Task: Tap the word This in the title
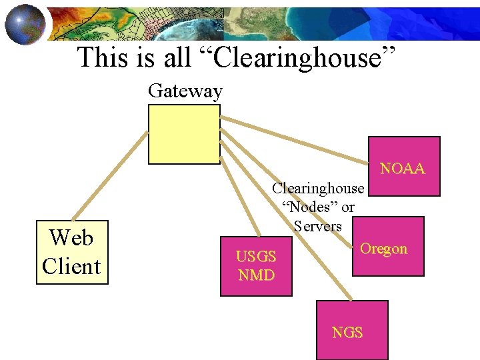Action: (x=104, y=58)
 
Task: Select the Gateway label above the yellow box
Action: (x=185, y=91)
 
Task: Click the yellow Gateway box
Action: (x=184, y=134)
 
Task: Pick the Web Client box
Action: (x=71, y=252)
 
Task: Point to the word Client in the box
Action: (x=71, y=266)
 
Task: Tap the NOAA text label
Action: (x=402, y=169)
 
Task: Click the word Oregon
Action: (x=383, y=249)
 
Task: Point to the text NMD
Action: (x=256, y=275)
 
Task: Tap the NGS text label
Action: (x=347, y=332)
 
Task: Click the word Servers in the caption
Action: (x=317, y=226)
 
